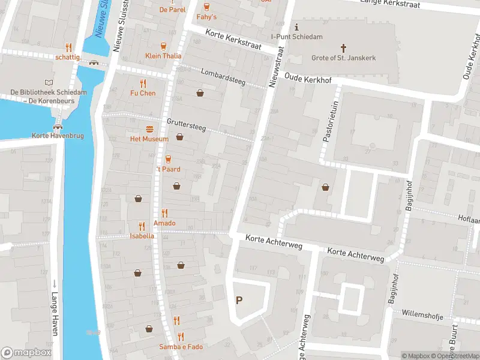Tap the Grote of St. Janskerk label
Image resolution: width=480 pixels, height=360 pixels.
(x=344, y=58)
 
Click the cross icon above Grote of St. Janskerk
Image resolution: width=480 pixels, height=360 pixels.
(x=344, y=47)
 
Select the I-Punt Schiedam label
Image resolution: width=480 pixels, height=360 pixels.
(x=296, y=37)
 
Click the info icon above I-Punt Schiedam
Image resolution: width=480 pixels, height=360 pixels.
(x=296, y=27)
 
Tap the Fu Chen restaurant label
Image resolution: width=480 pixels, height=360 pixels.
(x=143, y=93)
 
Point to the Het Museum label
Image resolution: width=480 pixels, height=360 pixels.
(x=149, y=139)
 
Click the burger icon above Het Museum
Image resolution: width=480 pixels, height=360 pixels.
(x=149, y=129)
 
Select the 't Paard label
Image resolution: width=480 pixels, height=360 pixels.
(x=168, y=169)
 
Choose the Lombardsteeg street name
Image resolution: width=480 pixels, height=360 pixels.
(x=223, y=77)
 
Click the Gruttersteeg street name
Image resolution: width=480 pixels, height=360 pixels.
(x=186, y=124)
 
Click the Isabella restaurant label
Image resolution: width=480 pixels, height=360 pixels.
(x=142, y=236)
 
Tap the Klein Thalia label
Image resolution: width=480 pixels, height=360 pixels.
(x=163, y=56)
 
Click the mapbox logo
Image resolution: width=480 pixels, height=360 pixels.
(x=27, y=353)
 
